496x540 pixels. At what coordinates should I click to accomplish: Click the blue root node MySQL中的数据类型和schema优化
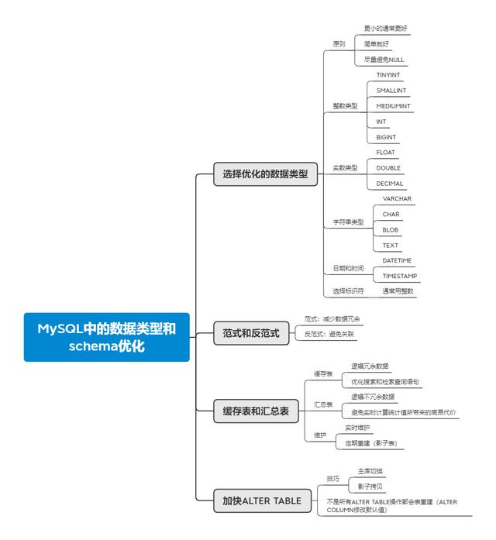point(106,337)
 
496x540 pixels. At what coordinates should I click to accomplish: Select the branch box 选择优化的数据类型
point(265,175)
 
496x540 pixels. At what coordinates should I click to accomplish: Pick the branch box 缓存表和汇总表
point(256,412)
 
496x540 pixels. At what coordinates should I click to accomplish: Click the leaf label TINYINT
point(388,74)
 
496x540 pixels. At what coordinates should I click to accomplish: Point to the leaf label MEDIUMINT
point(394,105)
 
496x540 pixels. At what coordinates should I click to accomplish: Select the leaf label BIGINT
point(386,137)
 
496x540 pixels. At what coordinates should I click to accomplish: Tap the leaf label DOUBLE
point(388,167)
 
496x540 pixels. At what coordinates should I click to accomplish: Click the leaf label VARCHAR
point(397,198)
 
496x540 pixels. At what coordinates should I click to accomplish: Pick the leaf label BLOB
point(391,229)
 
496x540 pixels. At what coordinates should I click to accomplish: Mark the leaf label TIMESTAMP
point(400,276)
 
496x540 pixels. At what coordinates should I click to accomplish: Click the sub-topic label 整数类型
point(345,105)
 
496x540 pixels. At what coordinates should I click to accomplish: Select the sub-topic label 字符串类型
point(348,222)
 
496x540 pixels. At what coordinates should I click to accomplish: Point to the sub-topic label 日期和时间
point(348,268)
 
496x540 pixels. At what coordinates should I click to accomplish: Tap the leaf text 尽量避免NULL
point(384,60)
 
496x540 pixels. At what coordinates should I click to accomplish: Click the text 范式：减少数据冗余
point(332,318)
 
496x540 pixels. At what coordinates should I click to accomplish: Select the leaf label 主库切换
point(370,471)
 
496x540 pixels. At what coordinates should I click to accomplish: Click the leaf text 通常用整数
point(398,291)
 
